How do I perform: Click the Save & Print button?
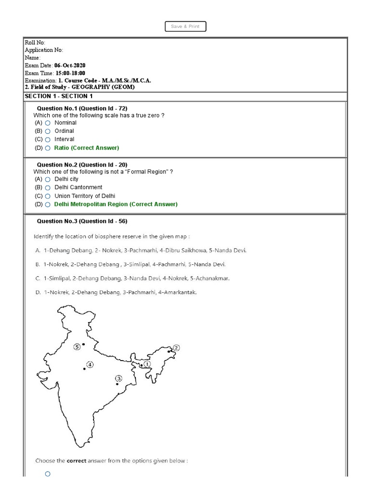point(185,26)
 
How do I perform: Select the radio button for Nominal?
point(48,123)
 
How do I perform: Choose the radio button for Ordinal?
point(48,131)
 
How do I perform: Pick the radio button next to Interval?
point(48,140)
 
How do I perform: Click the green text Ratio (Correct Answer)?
point(86,148)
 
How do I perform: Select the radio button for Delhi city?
point(48,180)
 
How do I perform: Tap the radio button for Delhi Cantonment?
point(48,188)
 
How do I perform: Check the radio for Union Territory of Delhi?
point(48,196)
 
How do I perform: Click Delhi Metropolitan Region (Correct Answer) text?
point(116,204)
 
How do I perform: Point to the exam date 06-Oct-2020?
point(70,65)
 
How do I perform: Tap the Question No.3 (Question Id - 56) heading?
point(82,221)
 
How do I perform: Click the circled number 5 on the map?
point(77,347)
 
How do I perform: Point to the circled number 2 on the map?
point(176,348)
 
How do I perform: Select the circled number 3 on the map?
point(119,378)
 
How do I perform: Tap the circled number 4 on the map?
point(90,364)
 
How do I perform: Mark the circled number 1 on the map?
point(147,364)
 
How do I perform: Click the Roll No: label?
point(35,43)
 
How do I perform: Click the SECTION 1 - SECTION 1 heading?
point(58,96)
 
